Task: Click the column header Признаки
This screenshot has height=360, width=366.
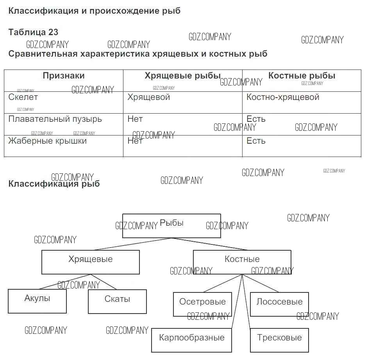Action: (64, 76)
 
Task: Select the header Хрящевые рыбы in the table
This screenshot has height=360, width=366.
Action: (182, 76)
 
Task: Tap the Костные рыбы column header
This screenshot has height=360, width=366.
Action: (302, 76)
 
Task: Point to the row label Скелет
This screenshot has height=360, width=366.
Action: (23, 97)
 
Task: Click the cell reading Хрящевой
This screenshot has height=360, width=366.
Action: (148, 97)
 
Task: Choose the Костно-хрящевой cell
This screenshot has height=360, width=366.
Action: (283, 97)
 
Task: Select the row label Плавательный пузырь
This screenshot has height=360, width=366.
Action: (55, 119)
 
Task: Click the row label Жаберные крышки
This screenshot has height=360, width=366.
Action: (47, 141)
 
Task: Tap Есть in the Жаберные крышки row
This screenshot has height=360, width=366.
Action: (256, 141)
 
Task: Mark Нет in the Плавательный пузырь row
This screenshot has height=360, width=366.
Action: (135, 119)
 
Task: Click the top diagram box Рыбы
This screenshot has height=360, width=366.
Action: (171, 225)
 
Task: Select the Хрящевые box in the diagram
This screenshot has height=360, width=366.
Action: (90, 262)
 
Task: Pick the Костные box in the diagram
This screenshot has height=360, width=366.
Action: (242, 262)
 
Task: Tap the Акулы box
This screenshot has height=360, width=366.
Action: (37, 301)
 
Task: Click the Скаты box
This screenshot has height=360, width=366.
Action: (117, 301)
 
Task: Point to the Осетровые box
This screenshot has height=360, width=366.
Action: (202, 304)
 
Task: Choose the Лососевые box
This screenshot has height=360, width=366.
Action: (279, 304)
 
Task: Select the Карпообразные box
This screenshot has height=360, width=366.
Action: (191, 340)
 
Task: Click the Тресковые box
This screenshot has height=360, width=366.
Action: (279, 340)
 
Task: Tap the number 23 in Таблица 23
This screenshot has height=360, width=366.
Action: (53, 32)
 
